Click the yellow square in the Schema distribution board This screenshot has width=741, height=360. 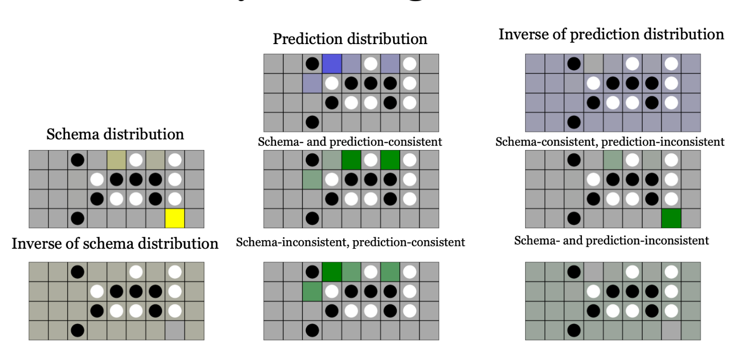(175, 218)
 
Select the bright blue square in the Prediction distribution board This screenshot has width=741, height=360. (332, 63)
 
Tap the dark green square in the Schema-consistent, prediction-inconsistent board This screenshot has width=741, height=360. (671, 218)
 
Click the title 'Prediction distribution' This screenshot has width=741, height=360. (350, 39)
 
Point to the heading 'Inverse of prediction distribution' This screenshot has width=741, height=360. (611, 35)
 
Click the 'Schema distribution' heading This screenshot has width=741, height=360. (115, 134)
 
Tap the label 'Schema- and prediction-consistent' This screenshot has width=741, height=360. (350, 142)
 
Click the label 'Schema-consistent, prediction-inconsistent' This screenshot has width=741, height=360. (610, 142)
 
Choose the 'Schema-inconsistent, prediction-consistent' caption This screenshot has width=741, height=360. (350, 242)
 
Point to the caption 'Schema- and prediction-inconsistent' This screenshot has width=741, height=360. (611, 240)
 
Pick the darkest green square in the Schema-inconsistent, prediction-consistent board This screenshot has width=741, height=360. (332, 271)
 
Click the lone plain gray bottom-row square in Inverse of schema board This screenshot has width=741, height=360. (175, 330)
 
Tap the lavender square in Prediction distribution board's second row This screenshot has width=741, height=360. (312, 83)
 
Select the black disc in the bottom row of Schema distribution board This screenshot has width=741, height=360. (77, 218)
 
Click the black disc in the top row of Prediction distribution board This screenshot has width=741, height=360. (312, 63)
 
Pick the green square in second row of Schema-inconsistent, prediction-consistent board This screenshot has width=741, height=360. (312, 291)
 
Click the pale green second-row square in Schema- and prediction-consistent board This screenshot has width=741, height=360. (312, 179)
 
